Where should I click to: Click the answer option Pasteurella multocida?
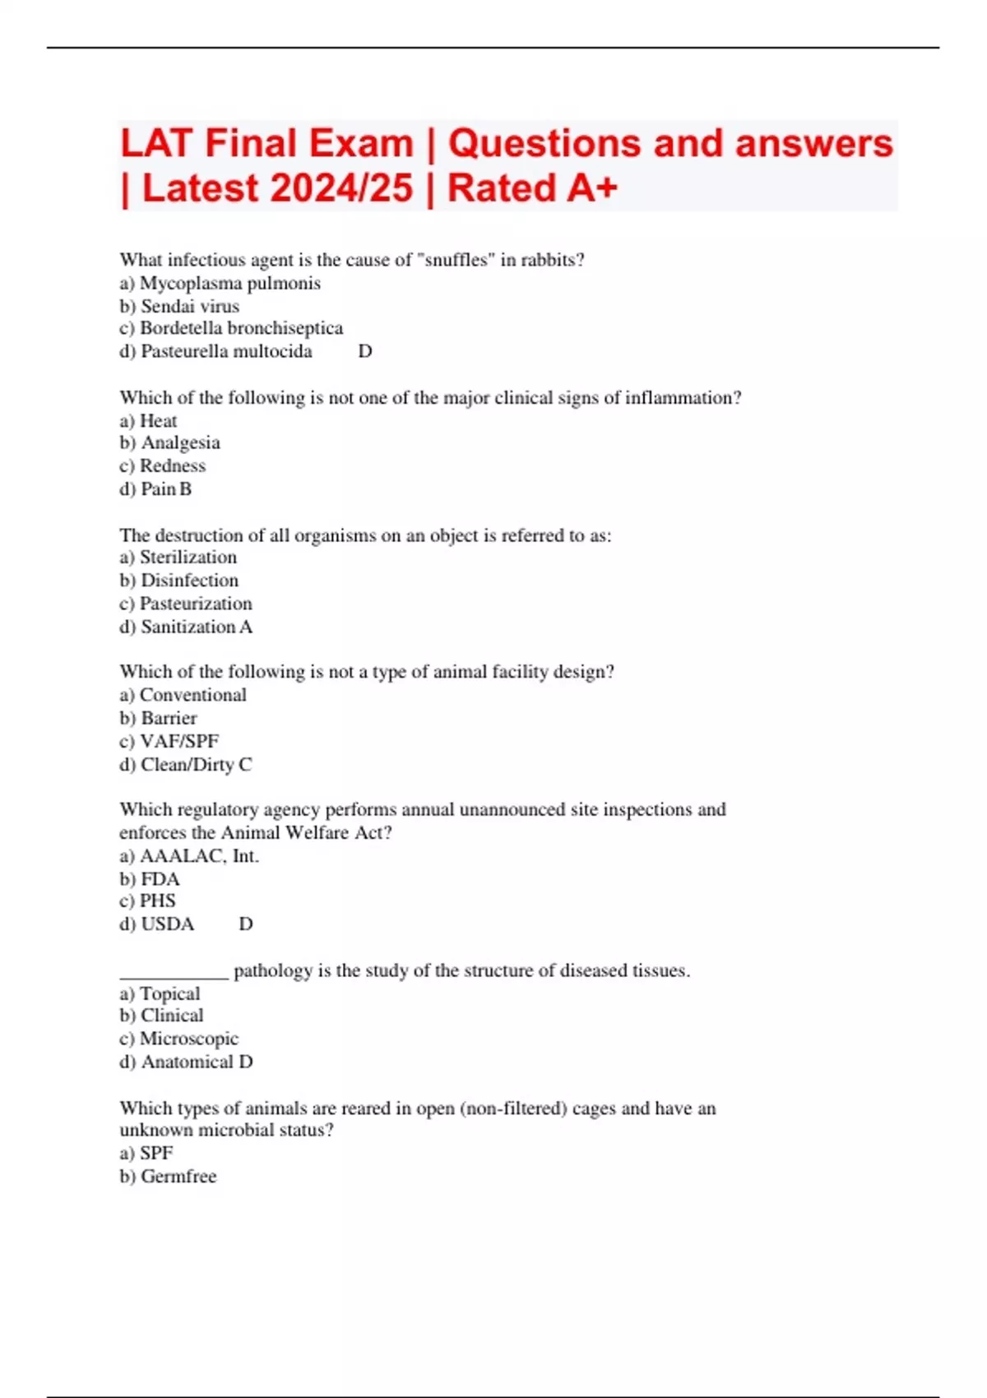pyautogui.click(x=225, y=351)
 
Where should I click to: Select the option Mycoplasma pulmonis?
pyautogui.click(x=229, y=283)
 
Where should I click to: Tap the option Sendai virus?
pyautogui.click(x=189, y=306)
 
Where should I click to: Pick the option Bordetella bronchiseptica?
pyautogui.click(x=240, y=328)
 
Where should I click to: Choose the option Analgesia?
pyautogui.click(x=180, y=442)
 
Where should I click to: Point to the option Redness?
pyautogui.click(x=172, y=465)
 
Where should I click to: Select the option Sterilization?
pyautogui.click(x=188, y=557)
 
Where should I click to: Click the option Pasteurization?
pyautogui.click(x=195, y=603)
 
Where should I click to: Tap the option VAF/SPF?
pyautogui.click(x=178, y=741)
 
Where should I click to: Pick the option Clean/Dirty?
pyautogui.click(x=187, y=764)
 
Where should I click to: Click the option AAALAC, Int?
pyautogui.click(x=198, y=855)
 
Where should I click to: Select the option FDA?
pyautogui.click(x=160, y=878)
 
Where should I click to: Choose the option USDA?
pyautogui.click(x=167, y=924)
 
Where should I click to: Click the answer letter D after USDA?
pyautogui.click(x=246, y=924)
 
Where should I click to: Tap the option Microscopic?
pyautogui.click(x=188, y=1039)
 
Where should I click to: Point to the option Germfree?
pyautogui.click(x=178, y=1176)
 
